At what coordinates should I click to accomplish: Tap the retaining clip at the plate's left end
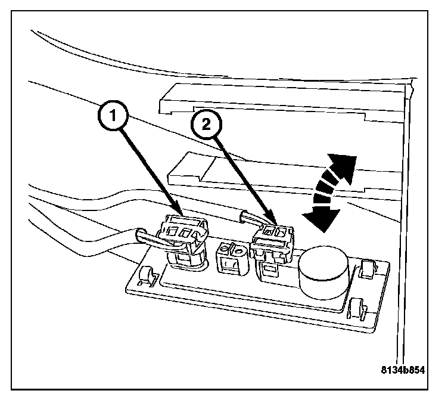(x=144, y=275)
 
